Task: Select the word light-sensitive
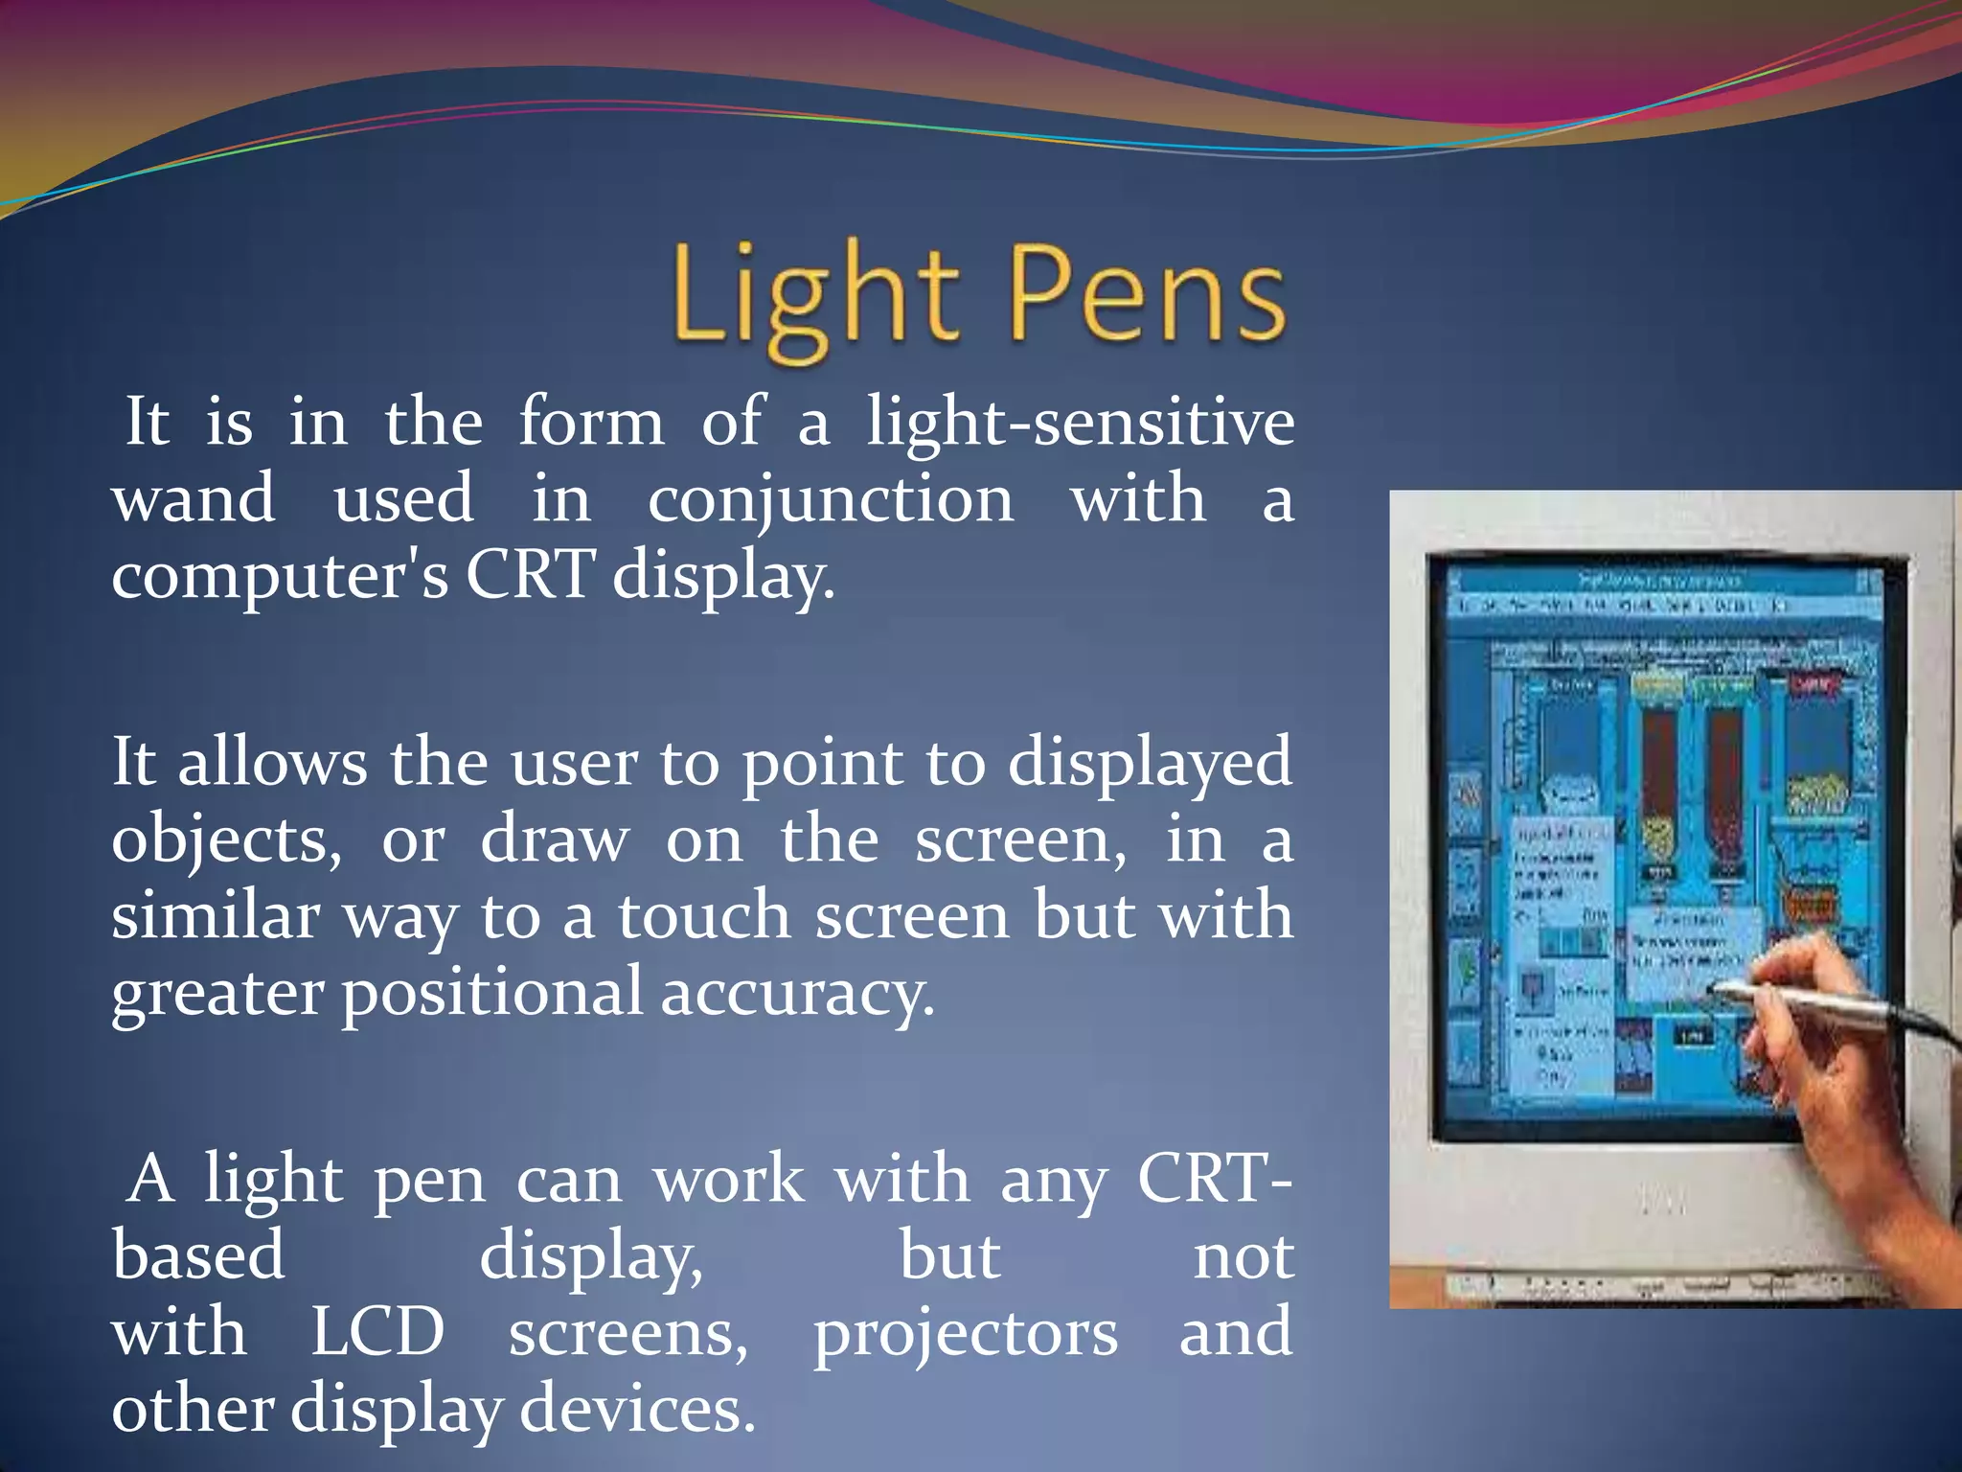point(1080,422)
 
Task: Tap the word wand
point(194,498)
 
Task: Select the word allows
point(272,763)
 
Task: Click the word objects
point(226,841)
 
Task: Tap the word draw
point(555,839)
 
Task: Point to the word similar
point(216,915)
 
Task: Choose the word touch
point(704,915)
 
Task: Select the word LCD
point(377,1332)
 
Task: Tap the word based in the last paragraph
point(198,1255)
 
